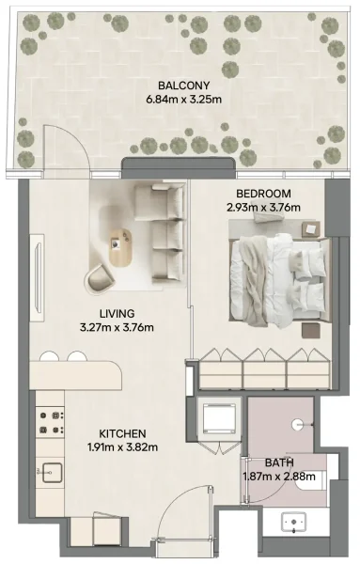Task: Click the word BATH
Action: click(x=279, y=462)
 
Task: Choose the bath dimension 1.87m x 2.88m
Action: click(x=279, y=476)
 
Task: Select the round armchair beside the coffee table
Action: click(x=102, y=278)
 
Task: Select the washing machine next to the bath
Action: click(x=223, y=415)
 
